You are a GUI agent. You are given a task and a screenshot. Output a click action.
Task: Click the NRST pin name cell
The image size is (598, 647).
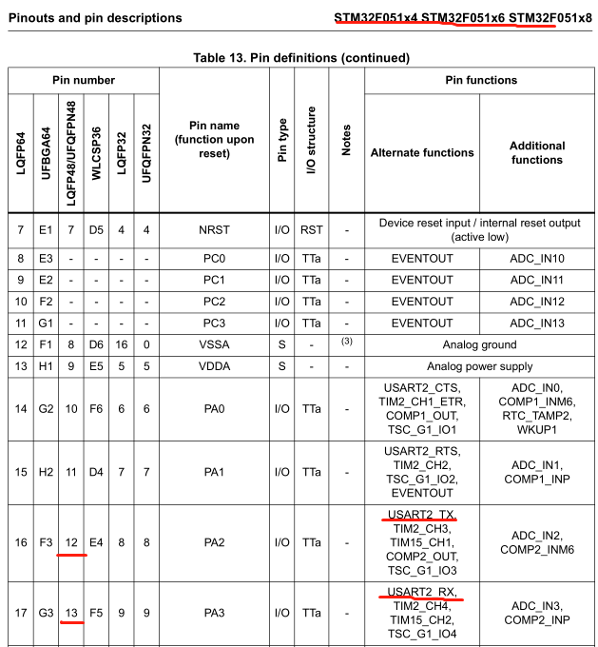coord(214,230)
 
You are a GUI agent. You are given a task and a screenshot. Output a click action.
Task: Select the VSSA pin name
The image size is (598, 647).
coord(214,344)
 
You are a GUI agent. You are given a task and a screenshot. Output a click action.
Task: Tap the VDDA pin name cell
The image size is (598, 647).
coord(214,366)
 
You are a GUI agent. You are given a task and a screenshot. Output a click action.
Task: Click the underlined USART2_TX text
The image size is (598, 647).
coord(421,514)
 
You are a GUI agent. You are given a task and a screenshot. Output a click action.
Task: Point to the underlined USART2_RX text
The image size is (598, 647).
coord(421,592)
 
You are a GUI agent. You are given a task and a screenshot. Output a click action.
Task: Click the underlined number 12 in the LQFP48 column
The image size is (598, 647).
coord(70,542)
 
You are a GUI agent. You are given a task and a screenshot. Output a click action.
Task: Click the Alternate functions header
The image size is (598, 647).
coord(421,152)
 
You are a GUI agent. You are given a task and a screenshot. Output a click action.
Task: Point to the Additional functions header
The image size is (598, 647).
coord(536,152)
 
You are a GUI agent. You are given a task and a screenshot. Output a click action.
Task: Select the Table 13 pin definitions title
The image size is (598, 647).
coord(301,58)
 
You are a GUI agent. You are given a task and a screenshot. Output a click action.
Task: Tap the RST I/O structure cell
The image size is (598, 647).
coord(312,230)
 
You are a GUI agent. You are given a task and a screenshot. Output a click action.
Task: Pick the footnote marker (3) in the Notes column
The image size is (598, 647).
coord(346,341)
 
